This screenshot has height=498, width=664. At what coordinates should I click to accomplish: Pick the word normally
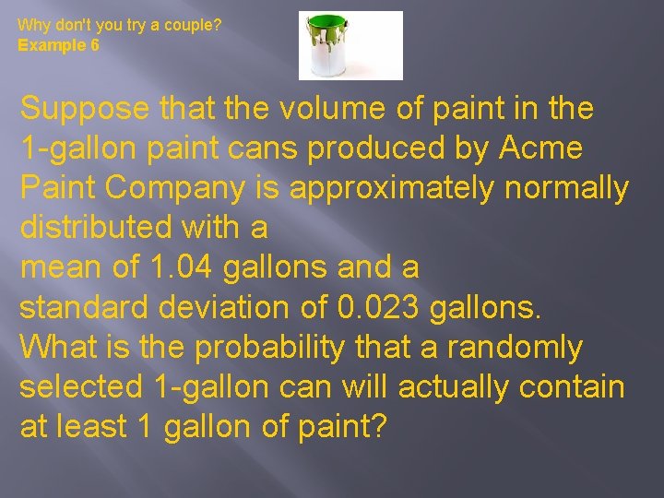[568, 188]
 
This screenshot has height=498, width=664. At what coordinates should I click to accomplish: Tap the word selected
[80, 387]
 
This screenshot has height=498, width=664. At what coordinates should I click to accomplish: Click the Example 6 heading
[59, 44]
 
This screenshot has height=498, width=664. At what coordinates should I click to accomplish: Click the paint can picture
[350, 45]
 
